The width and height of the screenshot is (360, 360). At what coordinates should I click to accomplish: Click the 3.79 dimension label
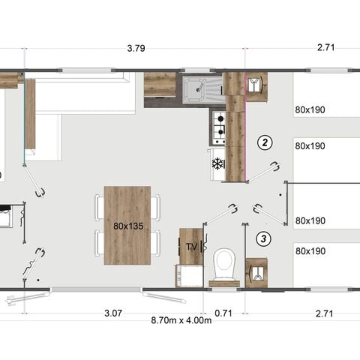(x=136, y=49)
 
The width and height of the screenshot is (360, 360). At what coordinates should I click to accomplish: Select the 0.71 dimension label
(x=223, y=312)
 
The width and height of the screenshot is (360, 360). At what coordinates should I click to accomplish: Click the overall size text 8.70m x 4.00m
(x=181, y=320)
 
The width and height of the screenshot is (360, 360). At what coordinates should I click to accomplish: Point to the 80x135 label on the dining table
(x=127, y=225)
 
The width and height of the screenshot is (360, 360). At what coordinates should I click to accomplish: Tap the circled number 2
(x=263, y=142)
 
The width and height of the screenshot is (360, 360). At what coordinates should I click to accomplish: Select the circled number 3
(x=263, y=239)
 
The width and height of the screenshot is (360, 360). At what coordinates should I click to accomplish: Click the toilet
(x=223, y=264)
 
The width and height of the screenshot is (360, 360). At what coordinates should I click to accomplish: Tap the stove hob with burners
(x=219, y=128)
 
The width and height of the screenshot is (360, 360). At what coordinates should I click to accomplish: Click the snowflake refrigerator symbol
(x=218, y=163)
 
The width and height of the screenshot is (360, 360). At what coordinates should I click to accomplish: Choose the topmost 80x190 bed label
(x=310, y=109)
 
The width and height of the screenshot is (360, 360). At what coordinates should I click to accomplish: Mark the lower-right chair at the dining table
(x=154, y=242)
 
